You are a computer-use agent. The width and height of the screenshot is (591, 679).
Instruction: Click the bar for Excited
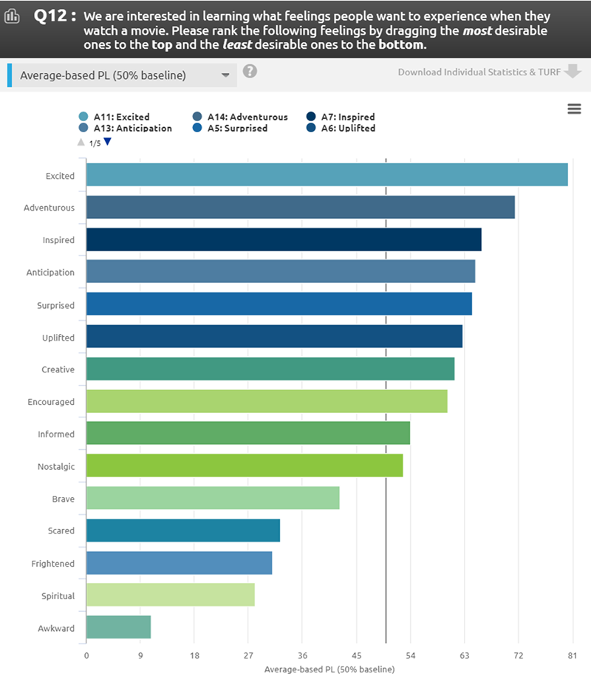327,175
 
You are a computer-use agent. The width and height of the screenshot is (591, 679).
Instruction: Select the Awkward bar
118,627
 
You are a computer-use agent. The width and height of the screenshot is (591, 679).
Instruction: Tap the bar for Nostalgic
245,466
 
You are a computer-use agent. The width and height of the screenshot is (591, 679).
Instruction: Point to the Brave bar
213,499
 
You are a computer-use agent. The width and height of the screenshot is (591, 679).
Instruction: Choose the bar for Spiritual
171,595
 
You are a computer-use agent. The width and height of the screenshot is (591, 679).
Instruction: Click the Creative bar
270,369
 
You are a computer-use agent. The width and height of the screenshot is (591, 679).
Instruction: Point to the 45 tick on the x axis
356,655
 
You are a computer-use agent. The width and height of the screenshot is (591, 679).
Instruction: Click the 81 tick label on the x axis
572,655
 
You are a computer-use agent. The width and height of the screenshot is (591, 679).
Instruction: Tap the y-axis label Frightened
52,564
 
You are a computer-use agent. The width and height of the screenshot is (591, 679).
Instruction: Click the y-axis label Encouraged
50,402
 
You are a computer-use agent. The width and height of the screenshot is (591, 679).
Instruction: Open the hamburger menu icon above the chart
574,109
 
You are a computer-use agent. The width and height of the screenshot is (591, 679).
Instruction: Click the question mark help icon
250,71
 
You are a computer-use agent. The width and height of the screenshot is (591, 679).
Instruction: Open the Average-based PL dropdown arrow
225,75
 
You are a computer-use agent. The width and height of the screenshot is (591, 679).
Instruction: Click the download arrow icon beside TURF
573,72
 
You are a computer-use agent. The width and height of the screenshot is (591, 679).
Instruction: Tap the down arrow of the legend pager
107,142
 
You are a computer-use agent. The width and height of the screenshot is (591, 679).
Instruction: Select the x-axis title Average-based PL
329,669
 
